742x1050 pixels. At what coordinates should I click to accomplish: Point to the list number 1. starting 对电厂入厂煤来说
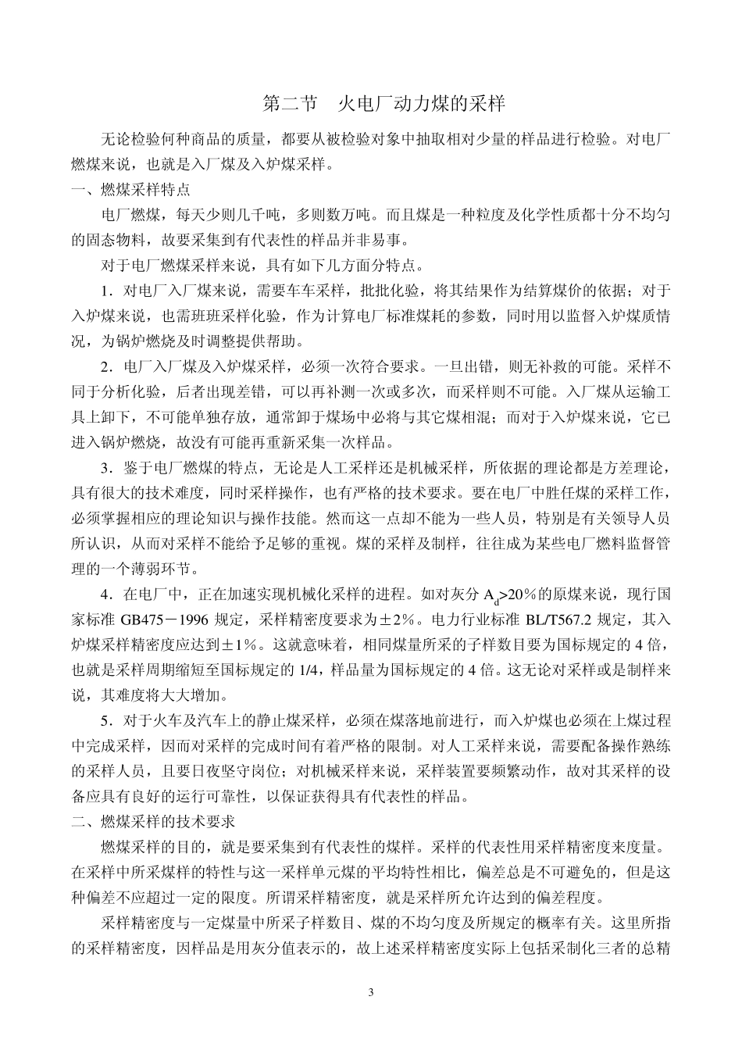click(107, 291)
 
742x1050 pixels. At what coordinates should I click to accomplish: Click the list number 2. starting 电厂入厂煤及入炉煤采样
click(107, 366)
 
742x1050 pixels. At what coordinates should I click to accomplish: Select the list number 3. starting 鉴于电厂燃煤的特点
click(107, 467)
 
